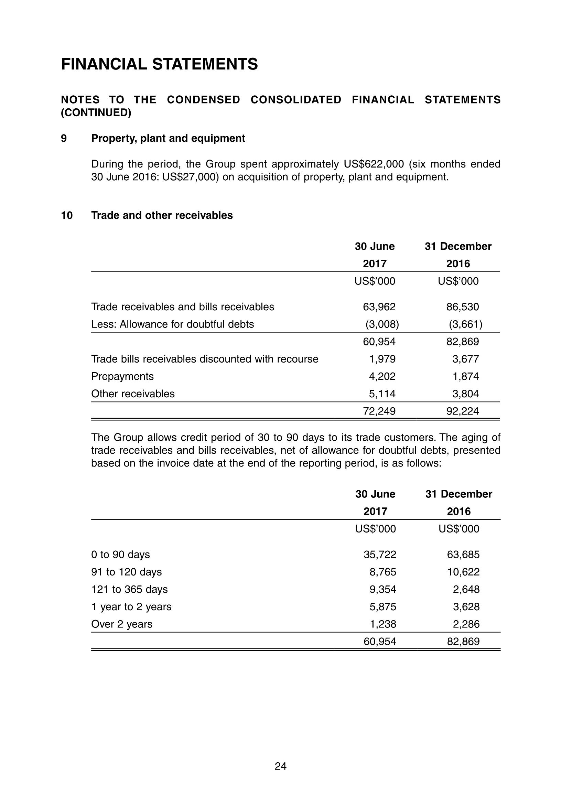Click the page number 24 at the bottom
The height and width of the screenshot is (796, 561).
[x=281, y=766]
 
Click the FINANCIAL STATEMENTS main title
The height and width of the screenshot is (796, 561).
[x=160, y=64]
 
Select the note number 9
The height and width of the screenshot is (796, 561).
[x=64, y=138]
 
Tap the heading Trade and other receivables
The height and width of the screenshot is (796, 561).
[x=162, y=215]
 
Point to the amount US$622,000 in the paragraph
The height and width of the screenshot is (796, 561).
[x=374, y=164]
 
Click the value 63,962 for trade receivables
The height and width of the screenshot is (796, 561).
[x=379, y=307]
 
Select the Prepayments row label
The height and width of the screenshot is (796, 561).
[x=122, y=376]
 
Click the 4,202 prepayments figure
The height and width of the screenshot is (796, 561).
[x=382, y=376]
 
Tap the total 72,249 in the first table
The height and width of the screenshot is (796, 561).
[x=379, y=411]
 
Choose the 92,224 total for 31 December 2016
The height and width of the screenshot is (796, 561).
[x=463, y=411]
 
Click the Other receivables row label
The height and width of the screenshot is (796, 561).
[x=133, y=394]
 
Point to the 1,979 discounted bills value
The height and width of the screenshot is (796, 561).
[x=382, y=359]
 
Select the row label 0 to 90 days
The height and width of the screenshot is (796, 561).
[x=120, y=555]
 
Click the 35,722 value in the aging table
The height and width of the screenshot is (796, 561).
[x=380, y=555]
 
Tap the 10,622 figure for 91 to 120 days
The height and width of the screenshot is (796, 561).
[x=463, y=572]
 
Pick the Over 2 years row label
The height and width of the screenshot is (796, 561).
[x=122, y=624]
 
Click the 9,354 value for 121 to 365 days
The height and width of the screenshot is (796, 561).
[x=383, y=589]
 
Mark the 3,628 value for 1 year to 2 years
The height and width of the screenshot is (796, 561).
[x=466, y=607]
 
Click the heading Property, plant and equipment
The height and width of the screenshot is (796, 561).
[x=168, y=138]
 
